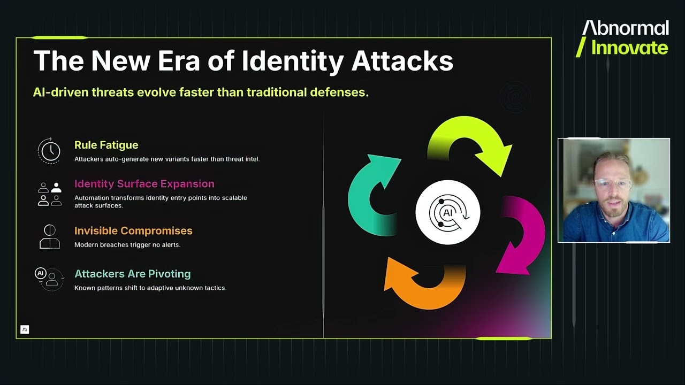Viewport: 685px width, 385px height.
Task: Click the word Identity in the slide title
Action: coord(292,61)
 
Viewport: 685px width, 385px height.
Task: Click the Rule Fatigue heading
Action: coord(106,145)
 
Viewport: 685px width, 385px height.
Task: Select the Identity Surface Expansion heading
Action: coord(144,184)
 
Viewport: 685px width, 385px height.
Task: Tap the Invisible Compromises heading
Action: coord(133,231)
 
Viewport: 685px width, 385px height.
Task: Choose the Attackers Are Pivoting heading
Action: coord(132,274)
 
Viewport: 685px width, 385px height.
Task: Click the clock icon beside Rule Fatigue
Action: coord(49,150)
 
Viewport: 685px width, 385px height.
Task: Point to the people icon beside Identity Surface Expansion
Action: coord(49,194)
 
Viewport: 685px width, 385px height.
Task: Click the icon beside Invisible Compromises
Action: coord(49,236)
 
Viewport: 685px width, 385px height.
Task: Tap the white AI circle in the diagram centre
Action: coord(448,212)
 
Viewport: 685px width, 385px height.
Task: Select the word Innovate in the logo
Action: coord(629,48)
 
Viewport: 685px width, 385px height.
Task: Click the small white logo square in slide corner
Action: coord(25,329)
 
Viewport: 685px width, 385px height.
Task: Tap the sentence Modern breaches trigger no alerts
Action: coord(127,245)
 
